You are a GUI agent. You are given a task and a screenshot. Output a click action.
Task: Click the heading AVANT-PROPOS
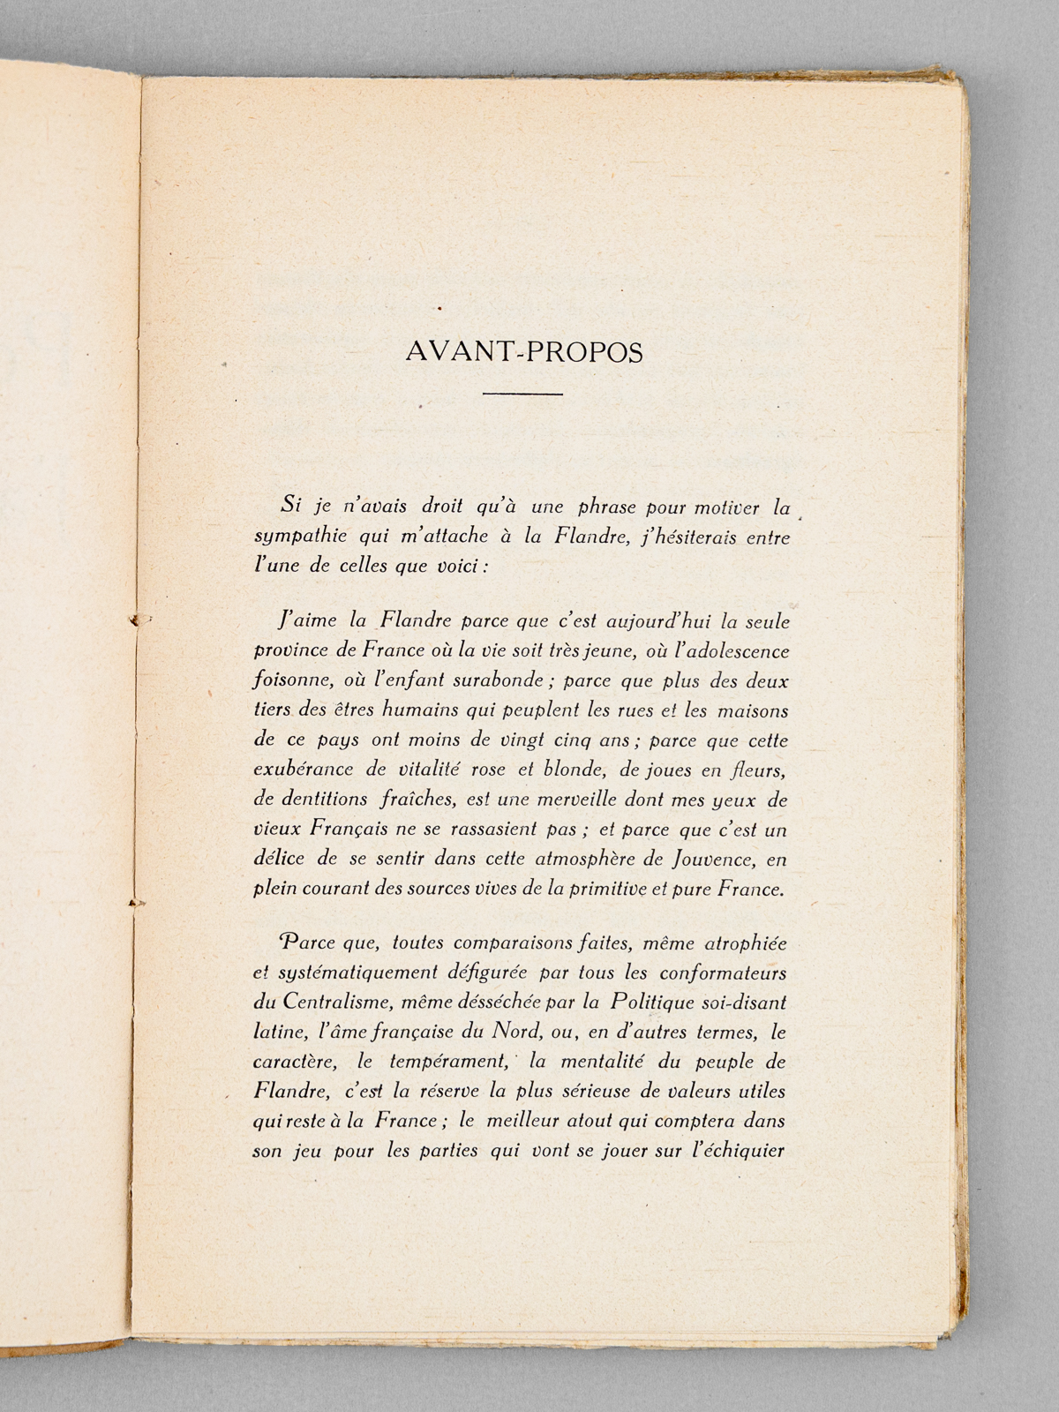tap(524, 351)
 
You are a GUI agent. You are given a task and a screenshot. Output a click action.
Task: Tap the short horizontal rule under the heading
tap(523, 394)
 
